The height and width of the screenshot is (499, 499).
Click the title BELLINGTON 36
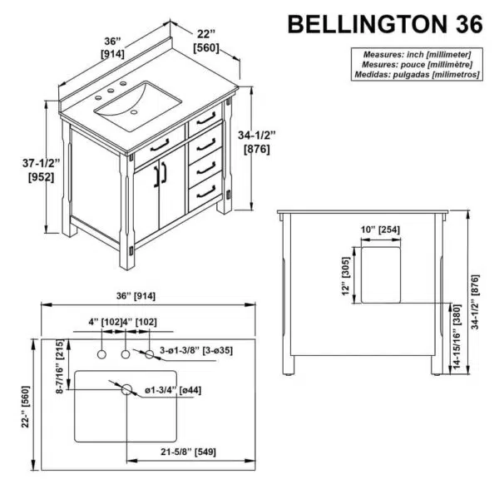385,24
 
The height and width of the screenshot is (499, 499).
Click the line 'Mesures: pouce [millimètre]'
417,65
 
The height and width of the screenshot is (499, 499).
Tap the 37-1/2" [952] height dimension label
42,170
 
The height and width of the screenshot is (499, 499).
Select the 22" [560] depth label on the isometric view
206,42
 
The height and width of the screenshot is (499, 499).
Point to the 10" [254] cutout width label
380,230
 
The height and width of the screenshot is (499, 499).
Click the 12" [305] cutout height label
346,276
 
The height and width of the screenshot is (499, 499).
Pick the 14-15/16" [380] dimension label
457,337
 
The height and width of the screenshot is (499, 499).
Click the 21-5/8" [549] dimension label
188,452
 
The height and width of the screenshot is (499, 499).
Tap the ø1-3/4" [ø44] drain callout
173,390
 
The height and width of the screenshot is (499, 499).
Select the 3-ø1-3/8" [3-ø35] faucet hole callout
196,350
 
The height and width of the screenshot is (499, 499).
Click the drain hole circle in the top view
126,389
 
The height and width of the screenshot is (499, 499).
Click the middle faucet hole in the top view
126,354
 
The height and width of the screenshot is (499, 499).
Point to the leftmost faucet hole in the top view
101,354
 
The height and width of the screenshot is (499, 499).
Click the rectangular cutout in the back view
381,275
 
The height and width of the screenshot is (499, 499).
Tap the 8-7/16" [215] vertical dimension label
60,366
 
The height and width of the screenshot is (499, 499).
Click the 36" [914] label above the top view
136,296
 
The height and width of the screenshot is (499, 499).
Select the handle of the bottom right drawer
206,192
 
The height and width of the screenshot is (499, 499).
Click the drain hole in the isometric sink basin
134,112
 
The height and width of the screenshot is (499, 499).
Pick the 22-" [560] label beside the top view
26,407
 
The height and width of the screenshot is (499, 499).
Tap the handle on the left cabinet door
157,176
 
